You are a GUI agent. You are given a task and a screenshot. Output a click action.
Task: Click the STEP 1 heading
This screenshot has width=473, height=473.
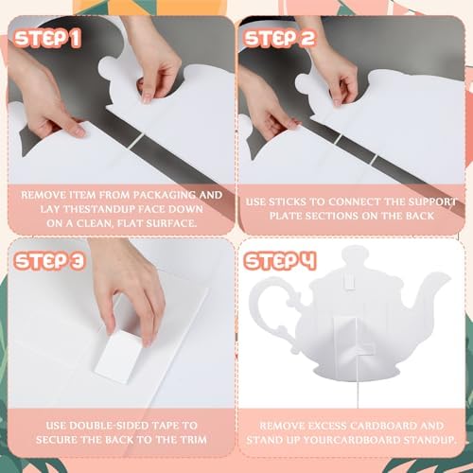[x=47, y=39]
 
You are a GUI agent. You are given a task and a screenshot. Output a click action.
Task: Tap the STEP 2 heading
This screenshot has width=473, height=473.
[x=280, y=39]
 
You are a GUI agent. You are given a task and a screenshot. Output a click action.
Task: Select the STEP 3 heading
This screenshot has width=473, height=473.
[x=49, y=261]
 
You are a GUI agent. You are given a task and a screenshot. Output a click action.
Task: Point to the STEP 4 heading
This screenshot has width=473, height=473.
[x=280, y=261]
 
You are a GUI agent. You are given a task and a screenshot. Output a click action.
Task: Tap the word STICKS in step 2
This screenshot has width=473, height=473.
[x=287, y=201]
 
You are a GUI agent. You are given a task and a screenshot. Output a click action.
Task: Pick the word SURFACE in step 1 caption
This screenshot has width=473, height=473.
[x=173, y=223]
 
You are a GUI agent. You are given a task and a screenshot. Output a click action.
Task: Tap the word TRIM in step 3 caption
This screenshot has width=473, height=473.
[x=194, y=440]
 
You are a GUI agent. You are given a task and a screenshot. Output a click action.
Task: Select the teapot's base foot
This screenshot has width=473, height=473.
[x=356, y=373]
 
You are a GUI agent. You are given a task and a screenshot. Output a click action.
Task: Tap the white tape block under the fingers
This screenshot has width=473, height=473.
[x=117, y=357]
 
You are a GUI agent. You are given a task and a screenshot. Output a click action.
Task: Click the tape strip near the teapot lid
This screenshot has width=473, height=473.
[x=349, y=280]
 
